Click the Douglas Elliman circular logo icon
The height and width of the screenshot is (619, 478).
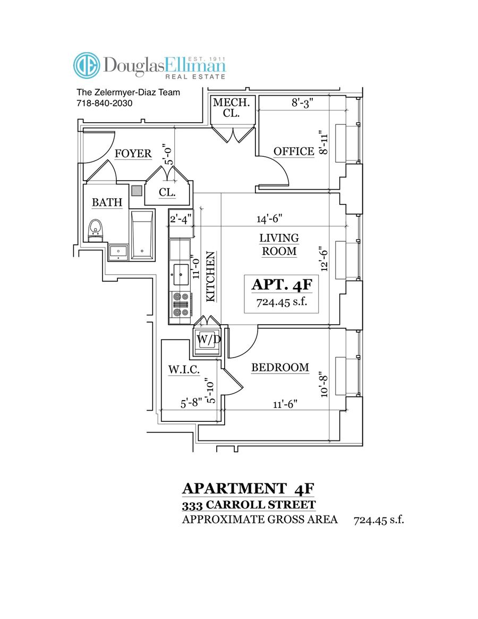tap(86, 65)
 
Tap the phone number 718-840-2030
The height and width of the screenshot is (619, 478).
tap(104, 104)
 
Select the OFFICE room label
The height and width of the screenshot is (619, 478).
tap(294, 151)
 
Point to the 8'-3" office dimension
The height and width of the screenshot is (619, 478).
tap(303, 103)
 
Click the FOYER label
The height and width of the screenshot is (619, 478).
tap(133, 154)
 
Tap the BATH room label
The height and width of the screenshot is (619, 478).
tap(107, 202)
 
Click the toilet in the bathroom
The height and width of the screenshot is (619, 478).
tap(96, 230)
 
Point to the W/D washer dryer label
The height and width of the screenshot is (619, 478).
tap(206, 339)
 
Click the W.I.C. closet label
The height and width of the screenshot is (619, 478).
tap(184, 370)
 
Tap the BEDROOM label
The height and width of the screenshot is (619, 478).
tap(280, 368)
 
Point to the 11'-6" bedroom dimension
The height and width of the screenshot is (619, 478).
tap(285, 404)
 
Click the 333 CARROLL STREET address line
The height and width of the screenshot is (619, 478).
tap(249, 505)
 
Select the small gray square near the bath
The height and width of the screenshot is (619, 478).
tap(137, 190)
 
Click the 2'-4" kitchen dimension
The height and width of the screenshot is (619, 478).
tap(179, 218)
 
